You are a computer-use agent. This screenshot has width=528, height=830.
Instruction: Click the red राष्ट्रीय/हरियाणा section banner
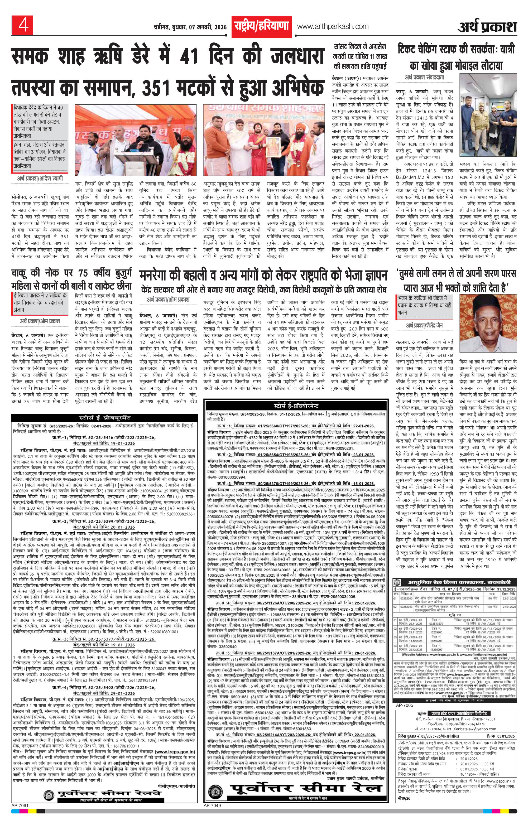pos(261,27)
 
